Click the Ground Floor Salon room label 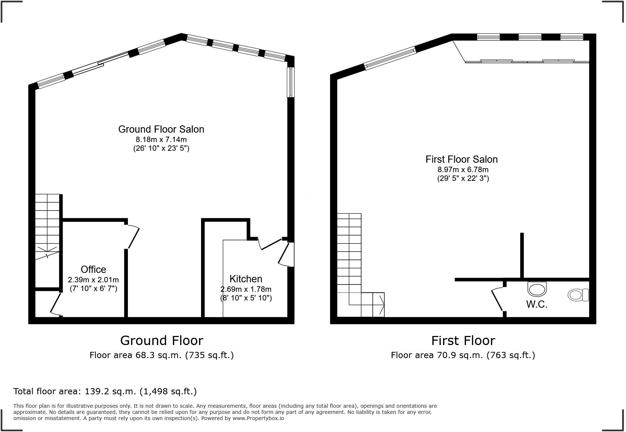pyautogui.click(x=161, y=129)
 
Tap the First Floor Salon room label pyautogui.click(x=462, y=159)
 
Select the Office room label pyautogui.click(x=93, y=270)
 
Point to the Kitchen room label pyautogui.click(x=246, y=279)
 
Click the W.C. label pyautogui.click(x=537, y=304)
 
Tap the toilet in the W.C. pyautogui.click(x=578, y=295)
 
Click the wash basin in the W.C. pyautogui.click(x=537, y=289)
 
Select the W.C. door pyautogui.click(x=497, y=299)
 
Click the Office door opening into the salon pyautogui.click(x=133, y=237)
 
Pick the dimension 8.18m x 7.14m pyautogui.click(x=161, y=140)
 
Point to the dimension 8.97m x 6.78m pyautogui.click(x=463, y=170)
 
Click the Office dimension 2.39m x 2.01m pyautogui.click(x=93, y=280)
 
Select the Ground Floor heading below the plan pyautogui.click(x=162, y=341)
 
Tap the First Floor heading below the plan pyautogui.click(x=463, y=341)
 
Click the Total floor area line pyautogui.click(x=105, y=391)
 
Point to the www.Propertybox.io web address pyautogui.click(x=258, y=418)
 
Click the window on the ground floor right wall pyautogui.click(x=291, y=82)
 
